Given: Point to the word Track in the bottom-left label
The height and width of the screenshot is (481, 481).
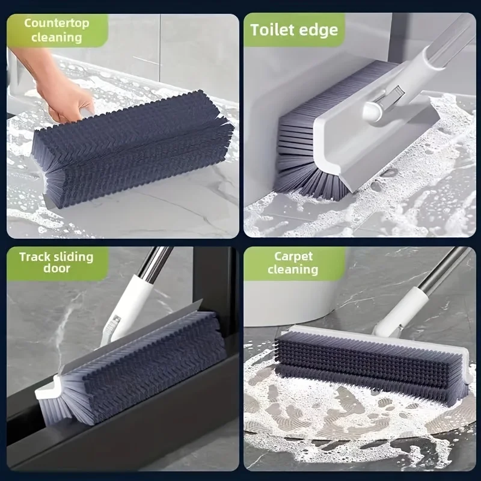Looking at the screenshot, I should tap(35, 257).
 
